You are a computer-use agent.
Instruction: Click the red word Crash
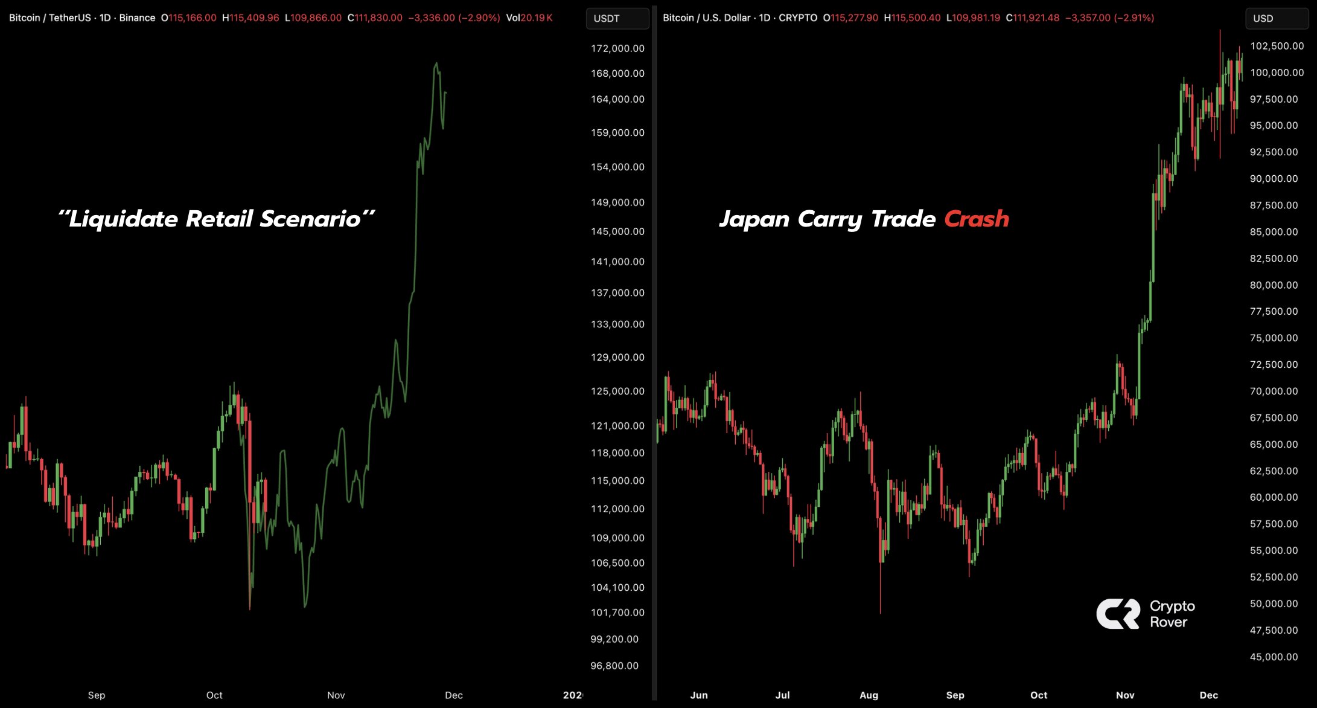click(x=976, y=219)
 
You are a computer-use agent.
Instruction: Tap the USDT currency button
click(x=617, y=18)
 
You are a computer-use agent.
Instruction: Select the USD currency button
click(x=1276, y=18)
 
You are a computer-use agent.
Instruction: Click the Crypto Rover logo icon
click(x=1118, y=614)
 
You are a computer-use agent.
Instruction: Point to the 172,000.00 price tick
click(x=617, y=48)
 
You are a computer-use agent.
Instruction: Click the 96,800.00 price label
click(x=614, y=666)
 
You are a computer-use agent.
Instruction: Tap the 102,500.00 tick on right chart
click(x=1277, y=46)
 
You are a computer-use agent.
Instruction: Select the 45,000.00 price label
click(x=1274, y=657)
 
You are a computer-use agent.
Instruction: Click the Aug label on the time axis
click(x=869, y=695)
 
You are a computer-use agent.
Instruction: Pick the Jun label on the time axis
click(x=699, y=695)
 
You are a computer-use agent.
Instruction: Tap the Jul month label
click(x=782, y=695)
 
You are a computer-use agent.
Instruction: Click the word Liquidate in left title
click(x=123, y=219)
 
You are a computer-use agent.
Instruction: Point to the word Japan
click(x=754, y=219)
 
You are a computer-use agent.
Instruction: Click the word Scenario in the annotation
click(x=310, y=219)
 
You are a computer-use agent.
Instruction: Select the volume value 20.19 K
click(x=536, y=18)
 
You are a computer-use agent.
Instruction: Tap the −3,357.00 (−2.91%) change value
click(x=1109, y=18)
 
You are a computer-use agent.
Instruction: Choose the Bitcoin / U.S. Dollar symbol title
click(x=706, y=18)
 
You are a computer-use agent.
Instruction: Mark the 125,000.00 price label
click(x=617, y=391)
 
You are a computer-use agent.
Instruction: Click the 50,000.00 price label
click(x=1274, y=603)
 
